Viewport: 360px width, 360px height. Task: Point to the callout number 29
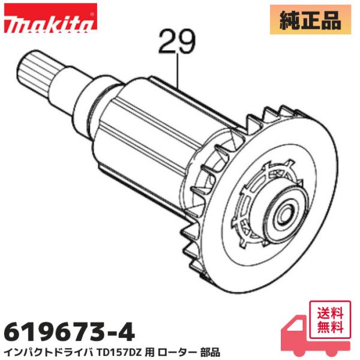pyautogui.click(x=178, y=43)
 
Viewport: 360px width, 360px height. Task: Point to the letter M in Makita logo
pyautogui.click(x=13, y=23)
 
